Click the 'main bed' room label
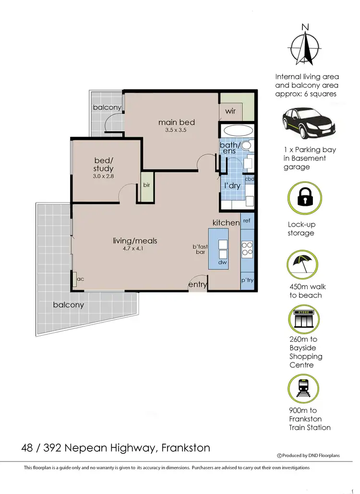[x=177, y=122]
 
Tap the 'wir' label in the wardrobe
[x=230, y=111]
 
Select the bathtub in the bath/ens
[x=236, y=131]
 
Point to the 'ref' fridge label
[x=247, y=221]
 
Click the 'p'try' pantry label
[x=247, y=280]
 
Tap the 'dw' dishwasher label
[x=222, y=263]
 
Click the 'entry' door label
[x=197, y=285]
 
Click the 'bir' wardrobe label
[x=145, y=185]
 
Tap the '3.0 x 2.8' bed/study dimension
[x=103, y=176]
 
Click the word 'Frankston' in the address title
[x=186, y=448]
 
